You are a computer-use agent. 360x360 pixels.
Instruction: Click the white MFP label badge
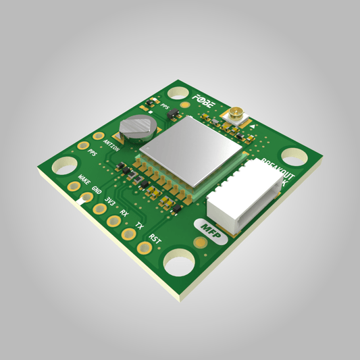click(211, 228)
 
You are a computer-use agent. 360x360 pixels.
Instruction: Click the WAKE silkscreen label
click(84, 180)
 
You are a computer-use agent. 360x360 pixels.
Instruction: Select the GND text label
click(97, 190)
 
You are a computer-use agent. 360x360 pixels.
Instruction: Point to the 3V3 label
click(110, 201)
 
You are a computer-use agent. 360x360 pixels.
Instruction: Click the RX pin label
click(124, 212)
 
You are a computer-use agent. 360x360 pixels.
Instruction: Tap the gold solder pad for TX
click(127, 234)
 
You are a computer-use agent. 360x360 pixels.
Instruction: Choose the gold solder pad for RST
click(144, 247)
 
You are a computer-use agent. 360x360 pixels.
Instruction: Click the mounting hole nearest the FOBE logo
click(178, 93)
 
